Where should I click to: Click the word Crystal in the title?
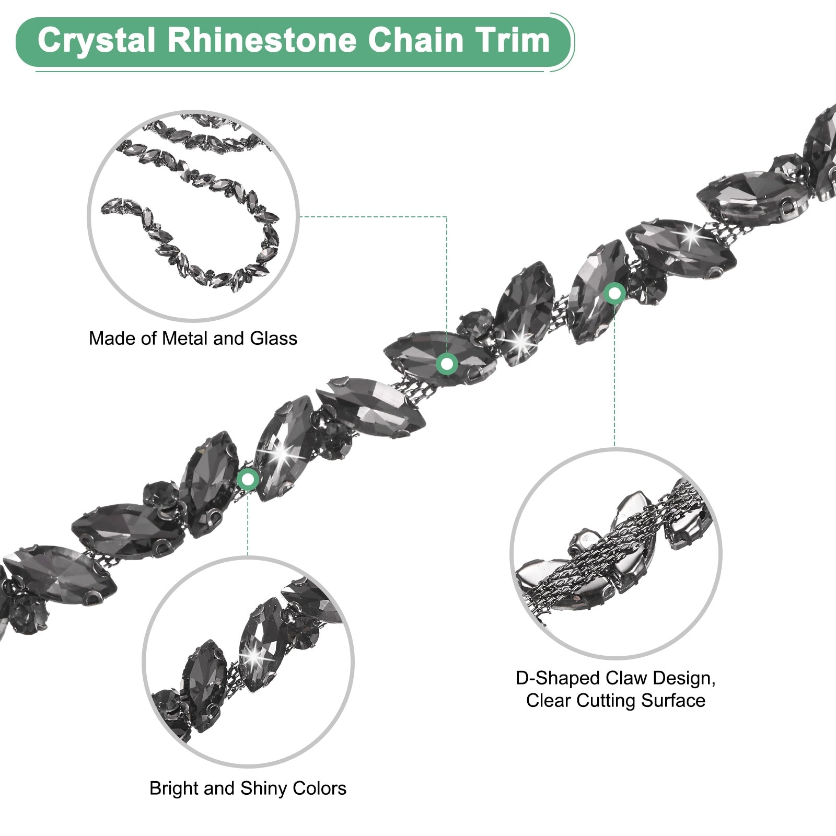(97, 41)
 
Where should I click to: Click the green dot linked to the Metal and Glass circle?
(447, 363)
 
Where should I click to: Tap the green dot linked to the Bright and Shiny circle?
(248, 479)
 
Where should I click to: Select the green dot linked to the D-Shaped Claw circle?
(614, 293)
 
